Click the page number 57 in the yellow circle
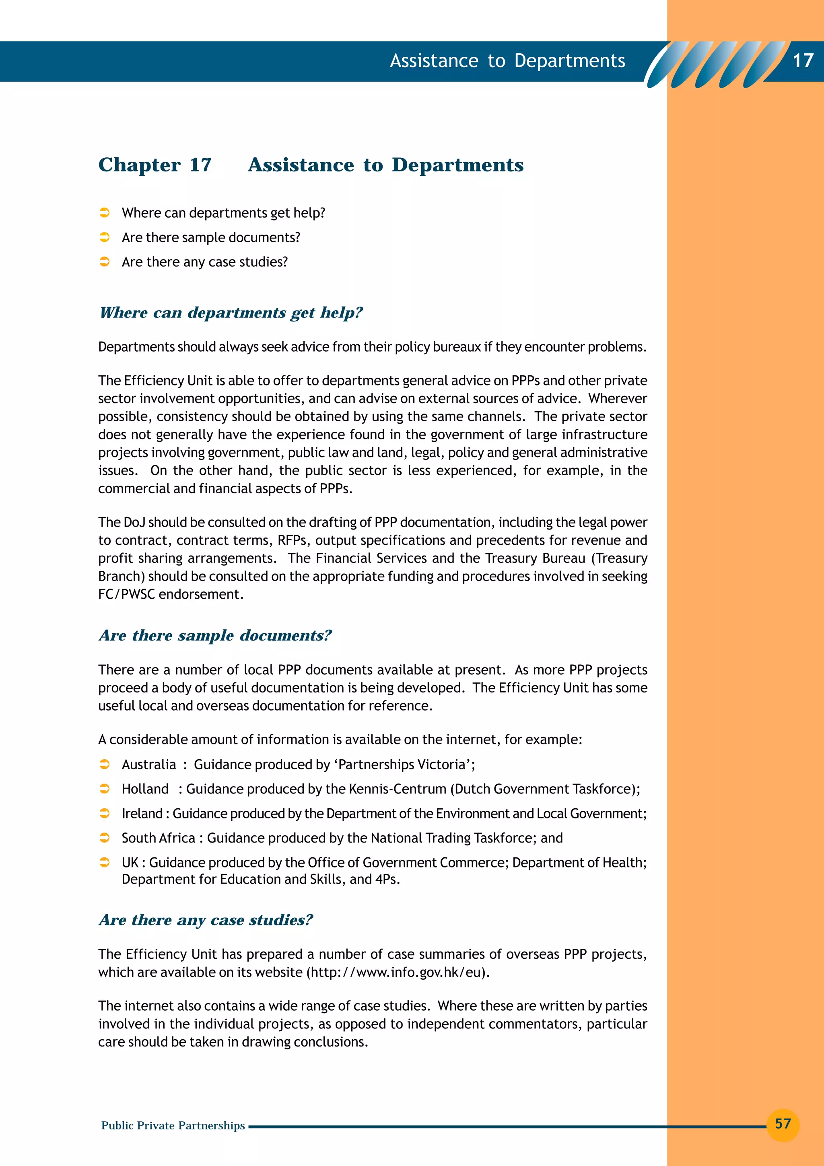[x=783, y=1123]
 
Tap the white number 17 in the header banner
[x=803, y=61]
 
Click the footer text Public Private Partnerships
[x=173, y=1125]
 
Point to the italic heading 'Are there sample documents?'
[x=215, y=635]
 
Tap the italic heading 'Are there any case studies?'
[x=206, y=920]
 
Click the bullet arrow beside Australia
[x=105, y=764]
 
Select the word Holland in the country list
[x=145, y=789]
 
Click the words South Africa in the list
[x=159, y=838]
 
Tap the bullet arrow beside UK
[x=105, y=862]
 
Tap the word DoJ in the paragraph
[x=134, y=522]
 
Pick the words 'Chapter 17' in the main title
[x=155, y=165]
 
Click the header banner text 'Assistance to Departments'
[x=507, y=61]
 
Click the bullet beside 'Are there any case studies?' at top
[x=105, y=262]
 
